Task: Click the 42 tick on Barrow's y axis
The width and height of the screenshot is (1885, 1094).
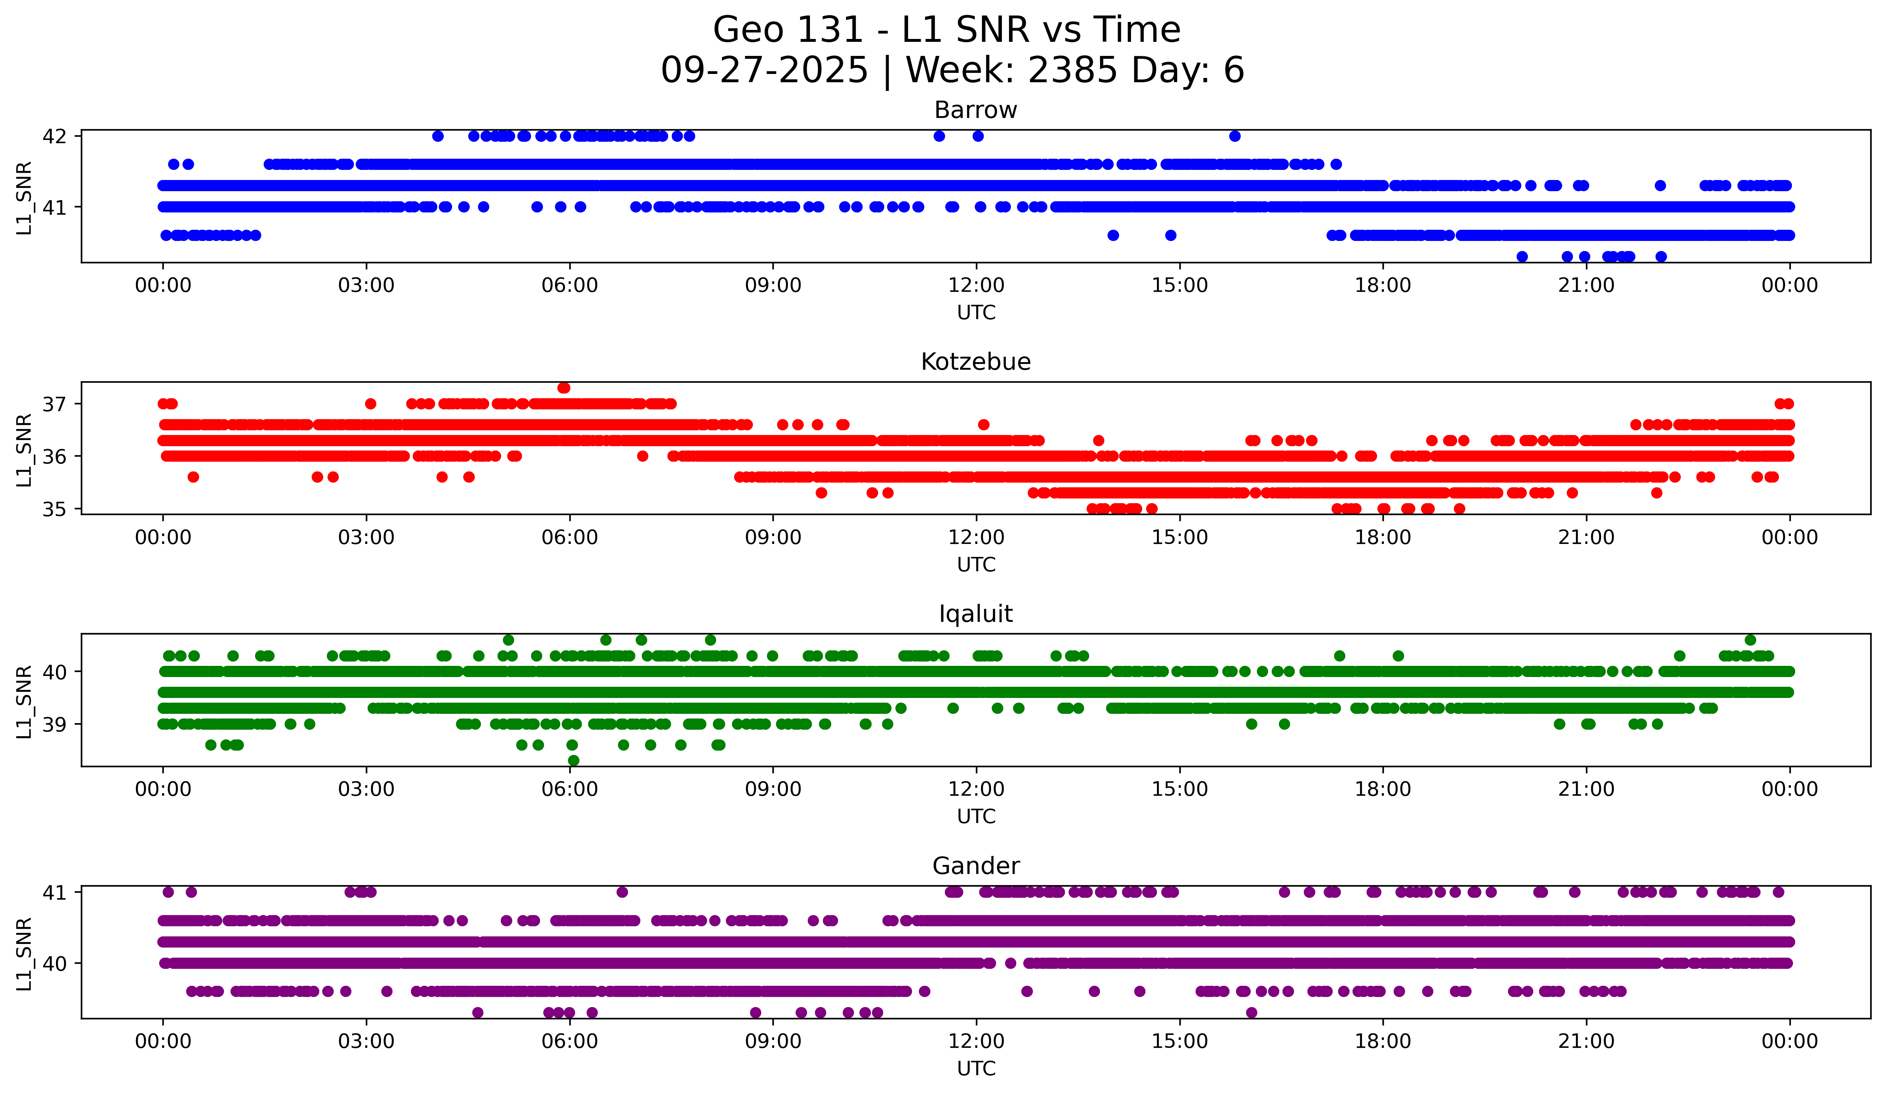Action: [54, 136]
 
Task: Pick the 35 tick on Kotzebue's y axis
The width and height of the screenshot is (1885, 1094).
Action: [54, 509]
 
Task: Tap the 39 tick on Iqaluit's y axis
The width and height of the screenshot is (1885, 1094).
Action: [54, 724]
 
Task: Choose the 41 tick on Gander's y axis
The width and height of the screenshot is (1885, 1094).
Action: [54, 892]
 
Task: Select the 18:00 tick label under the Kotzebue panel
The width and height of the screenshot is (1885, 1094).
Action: [1382, 538]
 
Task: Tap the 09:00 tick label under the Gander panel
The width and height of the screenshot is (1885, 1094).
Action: [773, 1042]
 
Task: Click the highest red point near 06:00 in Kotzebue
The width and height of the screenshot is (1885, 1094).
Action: [564, 388]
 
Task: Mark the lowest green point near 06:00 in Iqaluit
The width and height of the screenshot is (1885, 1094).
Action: [574, 760]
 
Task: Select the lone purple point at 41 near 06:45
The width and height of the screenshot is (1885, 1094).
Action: [622, 892]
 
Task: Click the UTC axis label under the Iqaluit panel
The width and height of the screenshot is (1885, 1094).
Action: [976, 817]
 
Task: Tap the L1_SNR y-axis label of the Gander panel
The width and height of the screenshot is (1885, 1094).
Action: [24, 953]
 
